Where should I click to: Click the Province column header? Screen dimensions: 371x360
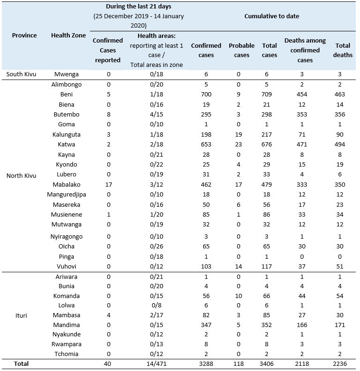(24, 36)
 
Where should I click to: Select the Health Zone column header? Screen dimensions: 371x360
(67, 36)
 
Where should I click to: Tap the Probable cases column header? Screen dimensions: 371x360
(242, 50)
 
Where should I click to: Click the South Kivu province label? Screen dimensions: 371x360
(21, 74)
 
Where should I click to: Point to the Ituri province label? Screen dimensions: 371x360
(21, 315)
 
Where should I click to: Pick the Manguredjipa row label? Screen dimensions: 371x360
(67, 195)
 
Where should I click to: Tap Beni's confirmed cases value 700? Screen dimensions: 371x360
(206, 95)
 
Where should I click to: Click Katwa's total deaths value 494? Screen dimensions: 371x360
(343, 145)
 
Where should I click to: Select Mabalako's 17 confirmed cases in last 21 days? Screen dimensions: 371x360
(108, 184)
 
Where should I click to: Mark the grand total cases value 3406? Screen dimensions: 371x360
(270, 364)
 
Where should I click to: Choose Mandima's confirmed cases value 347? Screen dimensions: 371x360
(206, 325)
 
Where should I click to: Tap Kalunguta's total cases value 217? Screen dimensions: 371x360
(270, 135)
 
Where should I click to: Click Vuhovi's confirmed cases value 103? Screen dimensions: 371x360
(206, 266)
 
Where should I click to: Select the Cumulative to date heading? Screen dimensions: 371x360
(272, 16)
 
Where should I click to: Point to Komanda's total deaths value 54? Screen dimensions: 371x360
(343, 296)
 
